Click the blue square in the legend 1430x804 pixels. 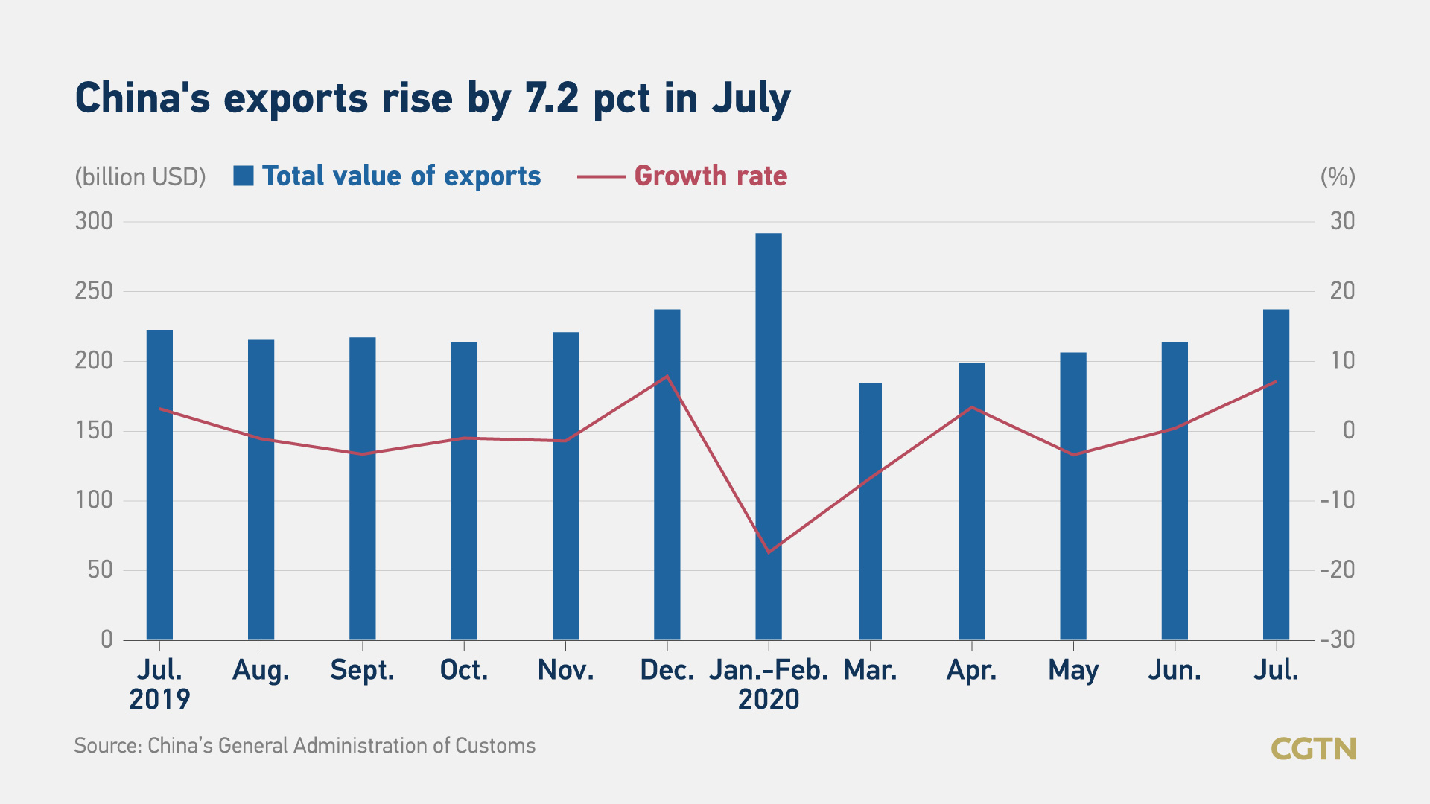244,176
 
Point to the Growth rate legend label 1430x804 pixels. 711,176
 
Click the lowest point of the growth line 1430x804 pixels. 769,552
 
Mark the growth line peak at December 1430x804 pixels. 667,376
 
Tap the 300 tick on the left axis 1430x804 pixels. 94,221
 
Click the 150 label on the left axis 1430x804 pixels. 94,430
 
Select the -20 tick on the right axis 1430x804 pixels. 1338,569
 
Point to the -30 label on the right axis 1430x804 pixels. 1338,639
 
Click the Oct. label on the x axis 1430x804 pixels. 464,670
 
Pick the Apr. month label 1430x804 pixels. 971,670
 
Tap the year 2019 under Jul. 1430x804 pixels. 159,700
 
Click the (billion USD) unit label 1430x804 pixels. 140,177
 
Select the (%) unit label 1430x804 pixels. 1338,177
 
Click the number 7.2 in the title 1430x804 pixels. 552,98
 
